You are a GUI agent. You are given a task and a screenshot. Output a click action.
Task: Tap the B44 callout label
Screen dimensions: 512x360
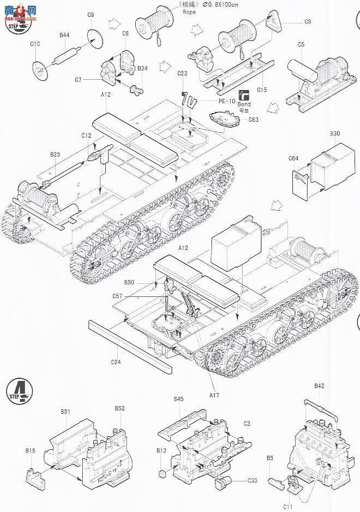click(64, 35)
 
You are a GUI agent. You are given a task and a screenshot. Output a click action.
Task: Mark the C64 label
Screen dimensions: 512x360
click(293, 159)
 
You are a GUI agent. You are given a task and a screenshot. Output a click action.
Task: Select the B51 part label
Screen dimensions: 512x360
click(66, 411)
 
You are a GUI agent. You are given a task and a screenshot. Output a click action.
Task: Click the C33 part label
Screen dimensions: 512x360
click(252, 480)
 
